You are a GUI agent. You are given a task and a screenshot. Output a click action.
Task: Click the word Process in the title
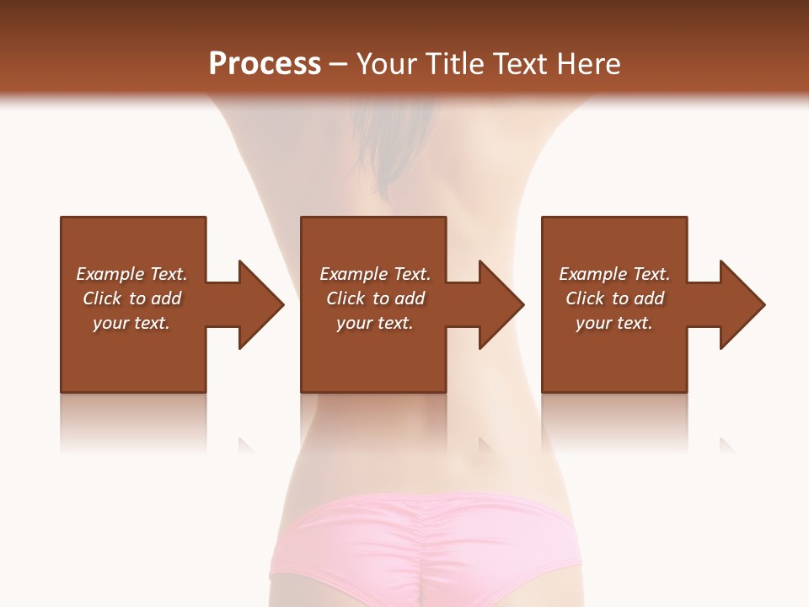[x=265, y=64]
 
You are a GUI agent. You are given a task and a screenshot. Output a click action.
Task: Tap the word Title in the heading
[x=453, y=64]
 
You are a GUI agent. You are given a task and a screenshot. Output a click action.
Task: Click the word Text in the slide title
[x=520, y=64]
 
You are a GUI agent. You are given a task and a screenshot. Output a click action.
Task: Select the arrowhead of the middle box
[x=501, y=304]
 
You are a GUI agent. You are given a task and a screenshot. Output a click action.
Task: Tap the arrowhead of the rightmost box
[x=742, y=304]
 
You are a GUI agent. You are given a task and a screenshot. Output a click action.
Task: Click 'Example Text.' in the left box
[x=131, y=274]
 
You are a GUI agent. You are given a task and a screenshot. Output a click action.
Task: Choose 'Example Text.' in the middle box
[x=375, y=274]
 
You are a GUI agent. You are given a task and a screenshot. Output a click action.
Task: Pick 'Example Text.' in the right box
[x=614, y=274]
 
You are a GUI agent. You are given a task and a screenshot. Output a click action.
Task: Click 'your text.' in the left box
[x=131, y=323]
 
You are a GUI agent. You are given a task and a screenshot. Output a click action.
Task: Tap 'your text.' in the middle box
[x=375, y=323]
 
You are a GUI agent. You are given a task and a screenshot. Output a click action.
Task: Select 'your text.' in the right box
[x=614, y=323]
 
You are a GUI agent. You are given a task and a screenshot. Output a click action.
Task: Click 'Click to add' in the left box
[x=131, y=298]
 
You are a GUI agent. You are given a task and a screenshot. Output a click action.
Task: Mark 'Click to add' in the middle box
[x=375, y=298]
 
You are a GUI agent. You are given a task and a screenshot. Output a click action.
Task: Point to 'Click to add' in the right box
[x=614, y=298]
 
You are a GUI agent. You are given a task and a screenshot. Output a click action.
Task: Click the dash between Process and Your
[x=338, y=65]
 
